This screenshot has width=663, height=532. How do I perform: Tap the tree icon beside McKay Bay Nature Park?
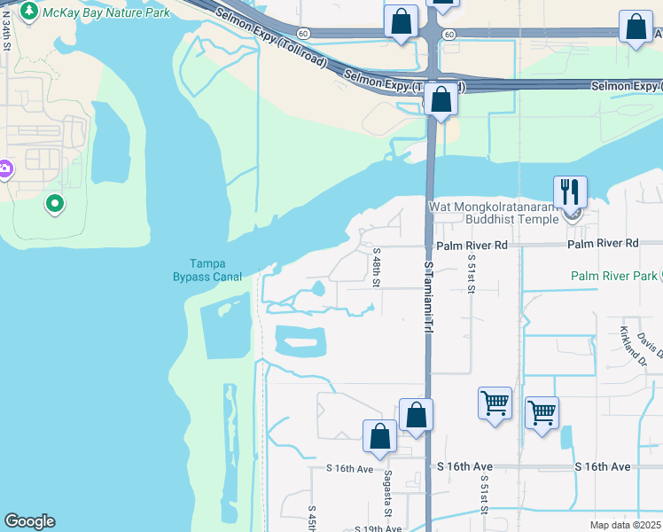tap(29, 12)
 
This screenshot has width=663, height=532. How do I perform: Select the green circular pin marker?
tap(55, 204)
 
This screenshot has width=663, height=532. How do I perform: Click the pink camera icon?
tap(4, 168)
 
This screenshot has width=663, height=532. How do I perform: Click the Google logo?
tap(29, 521)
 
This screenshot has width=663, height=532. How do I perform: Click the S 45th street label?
tap(312, 518)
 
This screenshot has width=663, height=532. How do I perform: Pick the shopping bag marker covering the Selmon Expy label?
tap(441, 100)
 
